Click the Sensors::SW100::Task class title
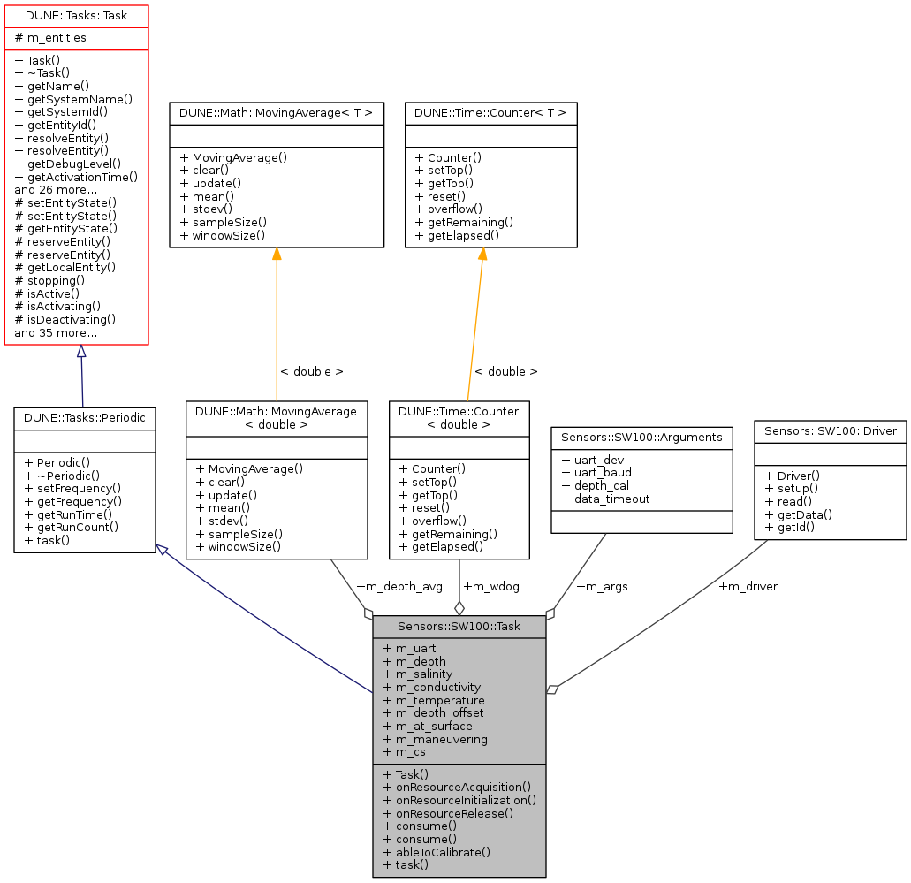click(459, 627)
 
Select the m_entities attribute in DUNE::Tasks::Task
click(50, 39)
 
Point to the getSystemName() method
click(73, 100)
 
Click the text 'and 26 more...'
click(56, 189)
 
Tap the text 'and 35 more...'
click(56, 333)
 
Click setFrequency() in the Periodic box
click(73, 488)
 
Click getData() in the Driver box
click(799, 514)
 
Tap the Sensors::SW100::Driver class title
click(830, 431)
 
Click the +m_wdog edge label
click(491, 586)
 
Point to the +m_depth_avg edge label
click(399, 586)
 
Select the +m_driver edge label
click(748, 586)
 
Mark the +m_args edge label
click(602, 586)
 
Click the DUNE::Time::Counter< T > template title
click(490, 113)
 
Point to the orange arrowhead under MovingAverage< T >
click(277, 255)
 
